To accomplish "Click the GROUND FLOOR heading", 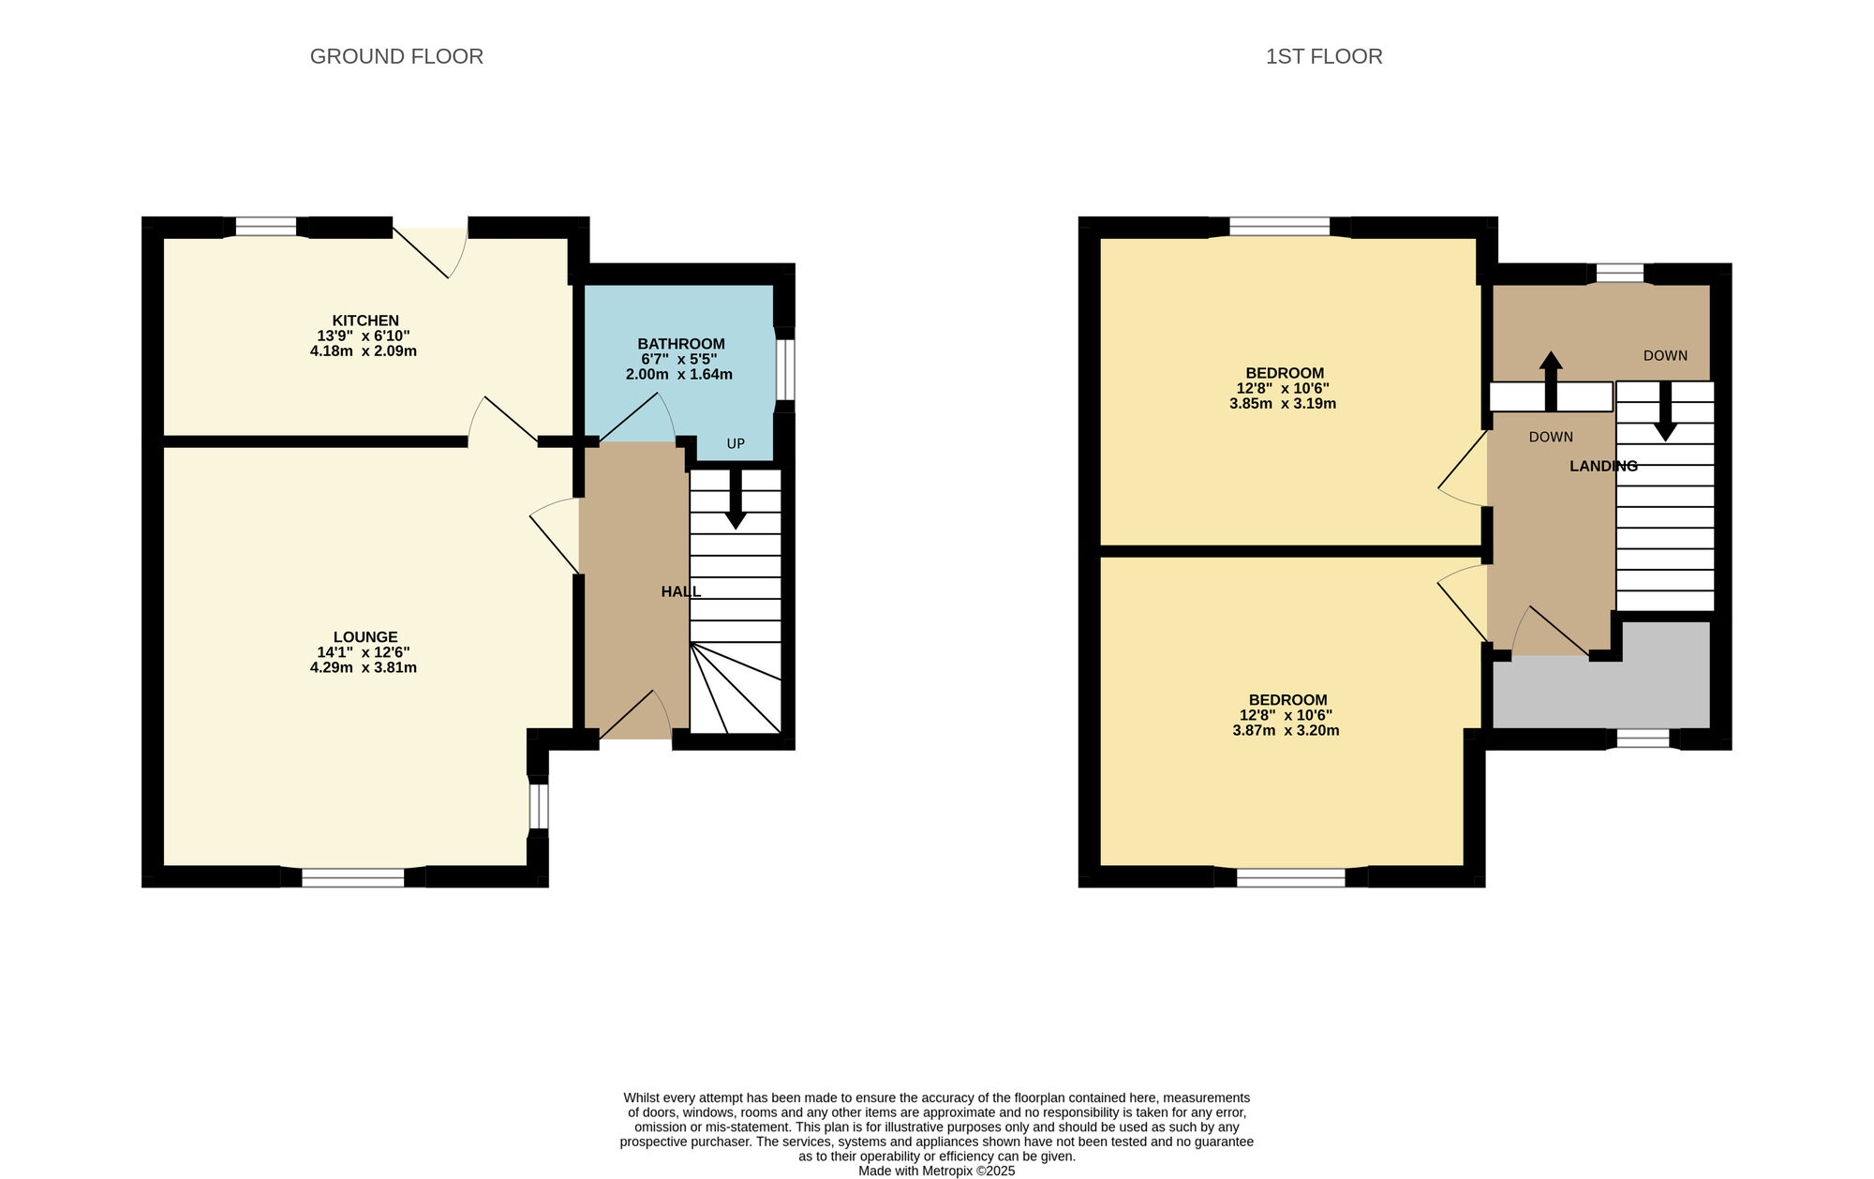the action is (x=396, y=56).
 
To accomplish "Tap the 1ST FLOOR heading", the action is (x=1324, y=56).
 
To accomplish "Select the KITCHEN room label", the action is (x=365, y=321).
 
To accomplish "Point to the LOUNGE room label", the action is (x=365, y=637).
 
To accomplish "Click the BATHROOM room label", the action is (x=681, y=344).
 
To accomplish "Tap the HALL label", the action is (x=681, y=591).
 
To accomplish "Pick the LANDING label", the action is (x=1604, y=466).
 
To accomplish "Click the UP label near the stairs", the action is (x=736, y=443).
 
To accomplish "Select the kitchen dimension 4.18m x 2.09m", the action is (x=364, y=351).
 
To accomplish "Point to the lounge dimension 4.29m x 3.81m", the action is (x=364, y=668).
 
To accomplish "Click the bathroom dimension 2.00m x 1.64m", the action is (x=679, y=375).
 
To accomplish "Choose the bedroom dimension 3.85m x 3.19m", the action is (x=1283, y=404).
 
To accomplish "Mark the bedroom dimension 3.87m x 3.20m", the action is (x=1286, y=731).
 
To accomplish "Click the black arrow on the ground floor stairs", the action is (x=736, y=499).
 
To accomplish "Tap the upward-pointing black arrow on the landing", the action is (x=1551, y=381).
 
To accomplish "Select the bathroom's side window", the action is (x=785, y=369).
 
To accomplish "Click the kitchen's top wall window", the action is (x=265, y=227).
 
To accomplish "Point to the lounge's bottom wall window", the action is (x=353, y=877).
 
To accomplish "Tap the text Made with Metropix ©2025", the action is (x=937, y=1171).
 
